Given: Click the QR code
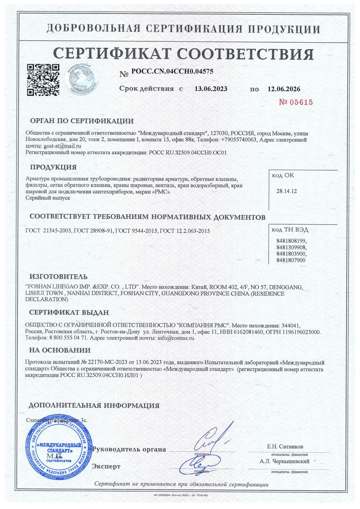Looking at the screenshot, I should pos(43,80).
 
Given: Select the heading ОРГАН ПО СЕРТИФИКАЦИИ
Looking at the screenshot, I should pos(81,121).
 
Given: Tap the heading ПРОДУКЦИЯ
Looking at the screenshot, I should pos(53,167).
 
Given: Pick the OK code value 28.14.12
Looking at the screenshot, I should pos(285,191).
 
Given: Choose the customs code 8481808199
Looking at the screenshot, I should pos(291,241).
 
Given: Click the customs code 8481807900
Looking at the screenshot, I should pos(291,260).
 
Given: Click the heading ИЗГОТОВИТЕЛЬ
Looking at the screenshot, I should pos(58,276).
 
